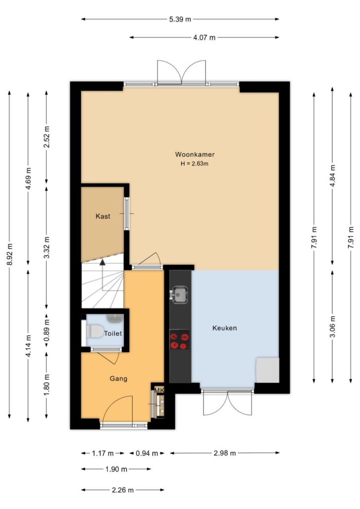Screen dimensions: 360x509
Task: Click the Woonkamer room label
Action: (x=195, y=155)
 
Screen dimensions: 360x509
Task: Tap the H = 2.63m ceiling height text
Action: (x=194, y=164)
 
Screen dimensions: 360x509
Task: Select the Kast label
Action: (x=103, y=216)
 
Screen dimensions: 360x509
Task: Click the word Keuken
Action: (x=225, y=328)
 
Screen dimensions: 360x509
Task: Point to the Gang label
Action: (x=118, y=379)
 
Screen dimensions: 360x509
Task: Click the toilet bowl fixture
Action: (x=94, y=332)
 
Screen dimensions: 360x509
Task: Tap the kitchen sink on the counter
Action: (x=179, y=295)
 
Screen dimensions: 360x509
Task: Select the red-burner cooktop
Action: (x=180, y=340)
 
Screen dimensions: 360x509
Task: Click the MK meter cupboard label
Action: (x=159, y=390)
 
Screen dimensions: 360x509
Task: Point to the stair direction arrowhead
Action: (x=103, y=262)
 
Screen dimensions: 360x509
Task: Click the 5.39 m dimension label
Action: (x=180, y=19)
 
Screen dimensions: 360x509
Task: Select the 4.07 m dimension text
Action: (x=204, y=38)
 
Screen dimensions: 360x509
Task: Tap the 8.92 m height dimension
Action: (x=9, y=254)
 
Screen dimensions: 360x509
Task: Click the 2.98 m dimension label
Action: (x=225, y=453)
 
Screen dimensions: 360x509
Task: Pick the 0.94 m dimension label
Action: (x=147, y=453)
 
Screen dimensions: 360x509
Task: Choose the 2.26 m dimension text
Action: (x=123, y=490)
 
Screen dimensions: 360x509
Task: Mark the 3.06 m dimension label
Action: (x=332, y=326)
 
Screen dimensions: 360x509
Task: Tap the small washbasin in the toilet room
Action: (x=115, y=318)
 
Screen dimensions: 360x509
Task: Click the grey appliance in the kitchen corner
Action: (x=268, y=370)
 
